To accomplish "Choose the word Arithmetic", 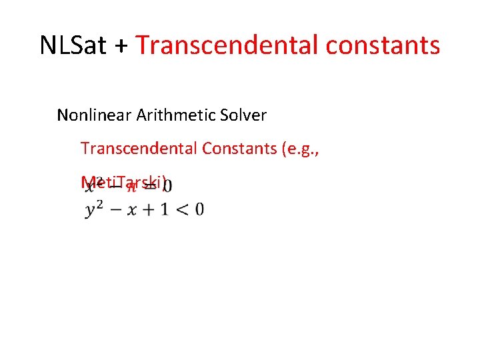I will tap(177, 115).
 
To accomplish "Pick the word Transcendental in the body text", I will tap(137, 148).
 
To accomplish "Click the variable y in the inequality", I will tap(91, 211).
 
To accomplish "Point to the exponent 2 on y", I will tap(99, 204).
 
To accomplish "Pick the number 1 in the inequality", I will tap(163, 209).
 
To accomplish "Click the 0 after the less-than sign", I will tap(199, 209).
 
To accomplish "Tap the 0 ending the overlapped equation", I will tap(171, 183).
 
